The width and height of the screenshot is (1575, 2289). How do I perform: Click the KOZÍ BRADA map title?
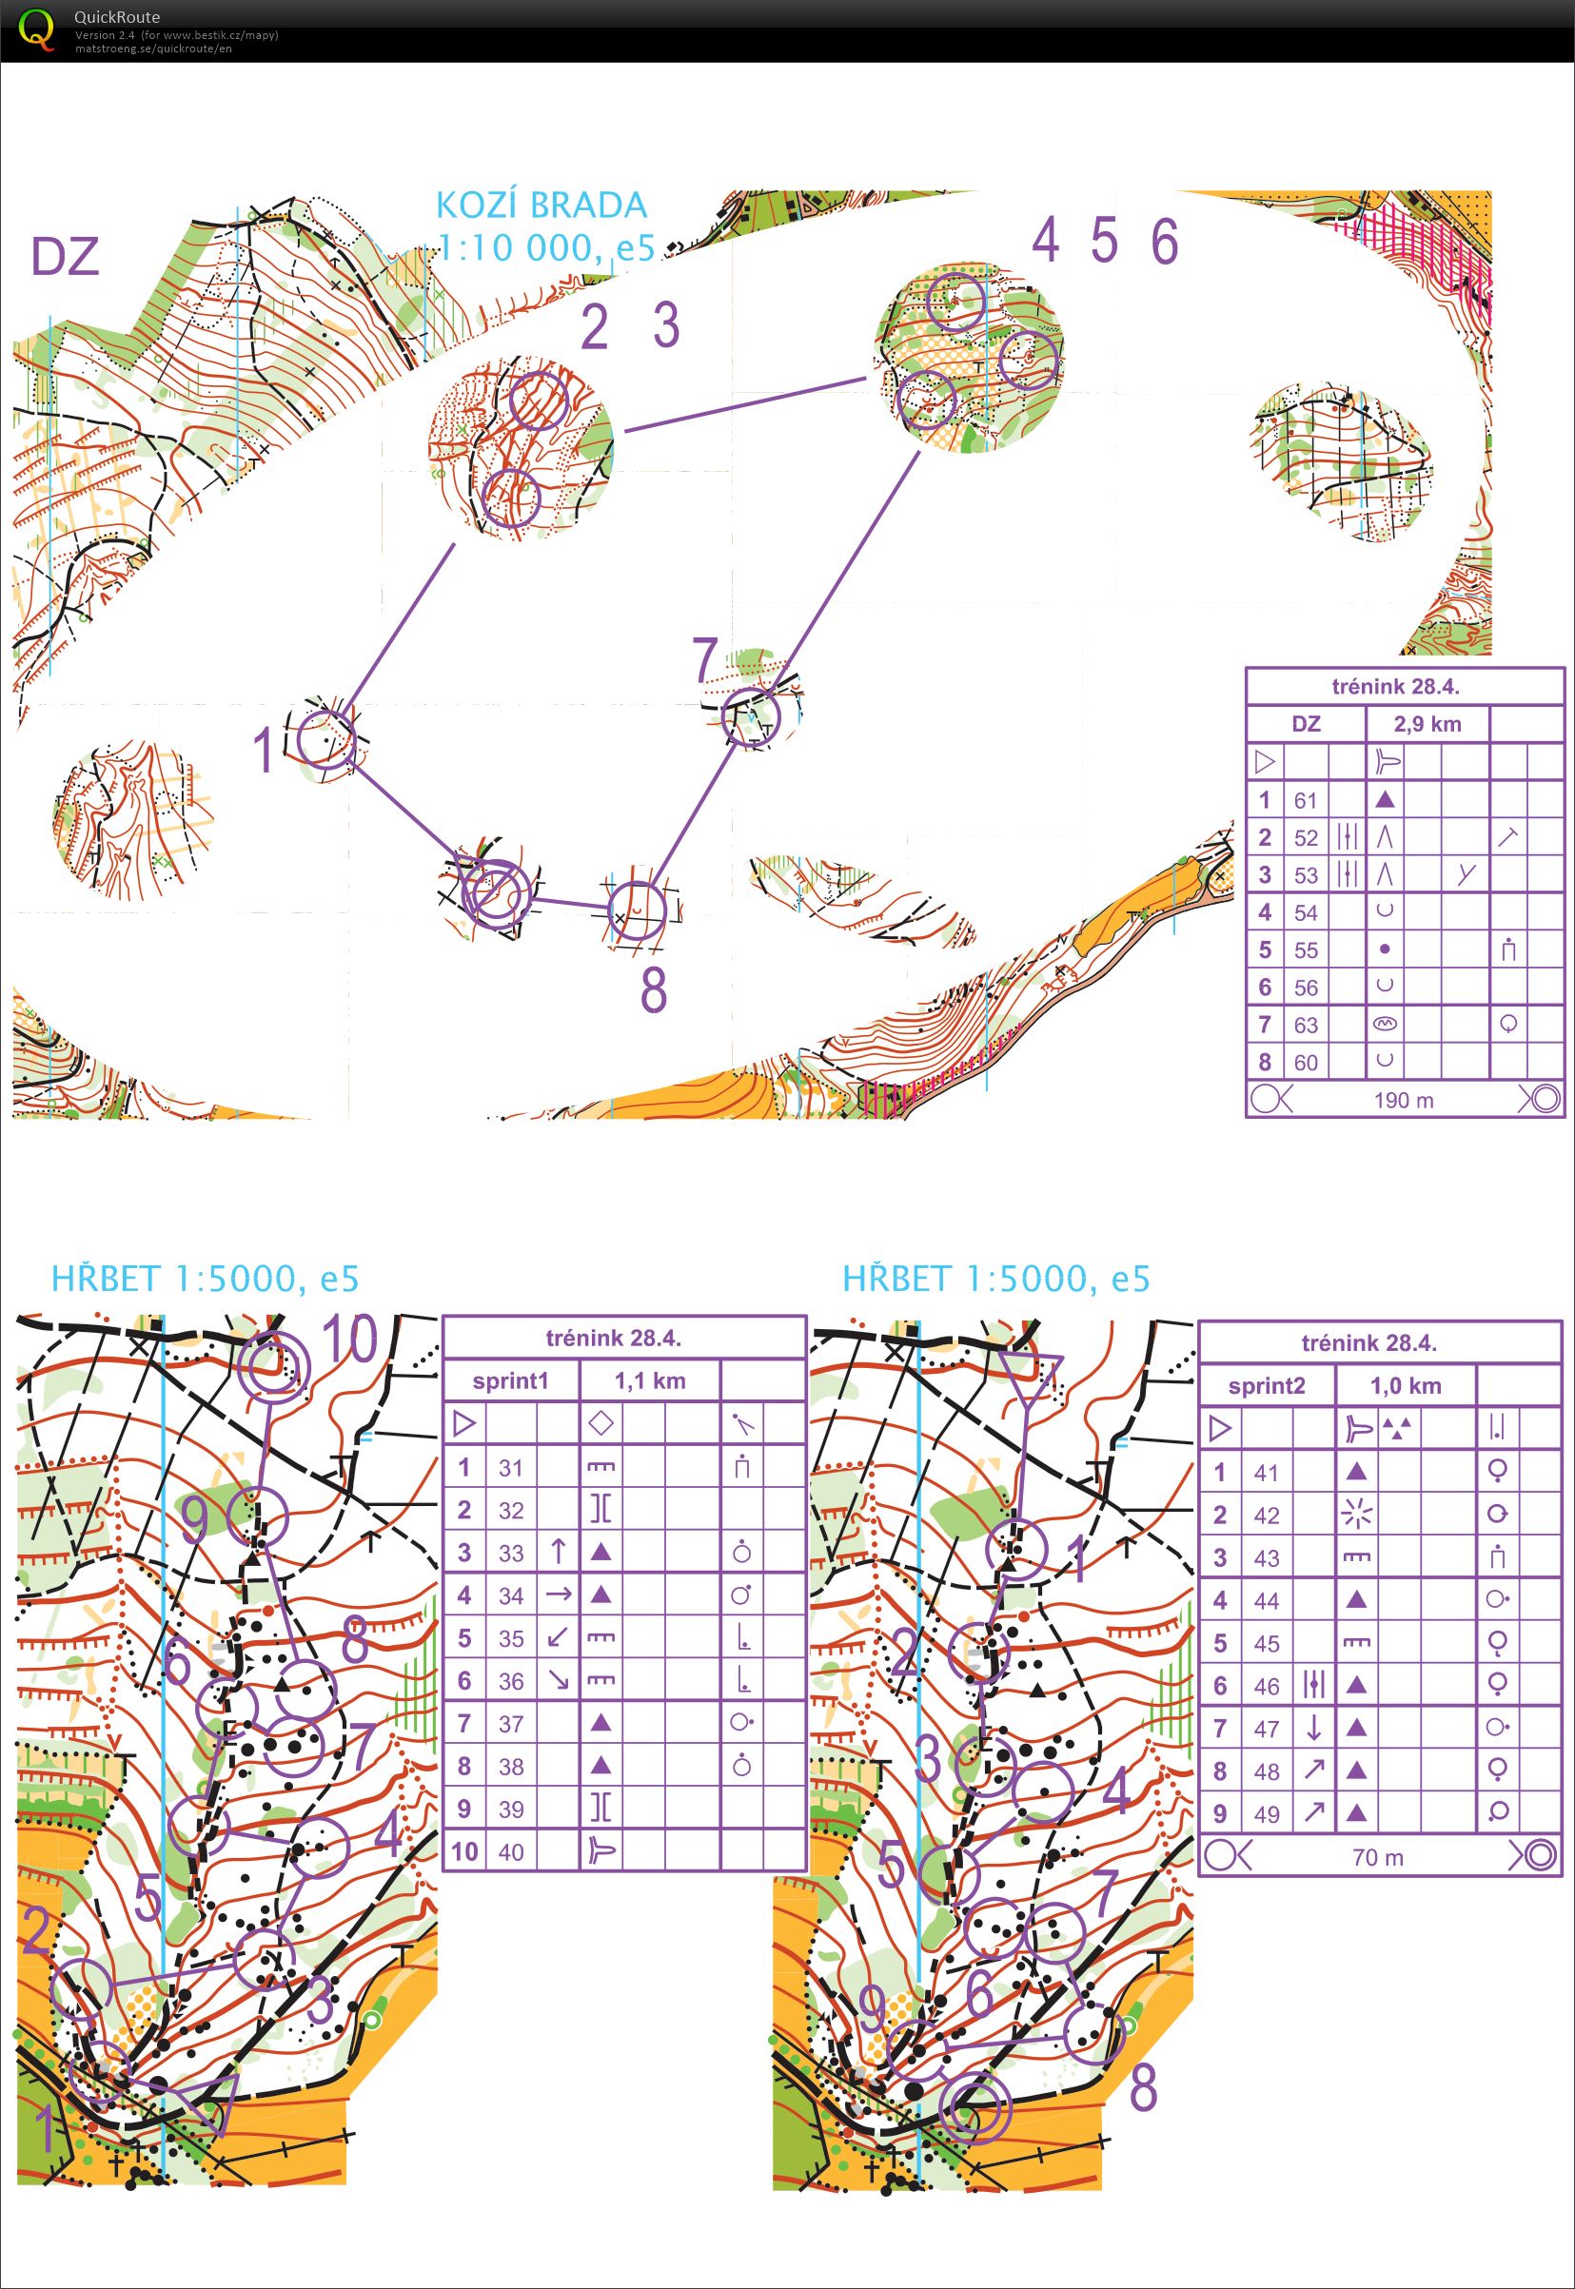tap(541, 205)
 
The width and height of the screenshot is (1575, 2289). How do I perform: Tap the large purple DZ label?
tap(65, 257)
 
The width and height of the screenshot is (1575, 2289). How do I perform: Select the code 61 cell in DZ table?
tap(1306, 800)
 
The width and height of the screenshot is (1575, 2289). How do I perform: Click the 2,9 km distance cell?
tap(1427, 724)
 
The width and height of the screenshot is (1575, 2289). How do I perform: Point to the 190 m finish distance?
tap(1405, 1099)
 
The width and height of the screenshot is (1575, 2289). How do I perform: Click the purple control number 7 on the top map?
tap(704, 661)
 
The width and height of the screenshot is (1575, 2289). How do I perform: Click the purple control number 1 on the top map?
tap(263, 751)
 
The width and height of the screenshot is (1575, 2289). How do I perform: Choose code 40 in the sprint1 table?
tap(510, 1852)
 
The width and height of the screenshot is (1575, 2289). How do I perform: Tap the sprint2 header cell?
tap(1266, 1386)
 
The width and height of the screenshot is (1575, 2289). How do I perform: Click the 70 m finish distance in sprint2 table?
tap(1378, 1857)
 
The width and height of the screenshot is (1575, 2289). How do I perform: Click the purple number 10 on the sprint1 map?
tap(349, 1340)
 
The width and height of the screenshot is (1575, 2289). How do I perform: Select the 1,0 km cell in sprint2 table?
tap(1406, 1386)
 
